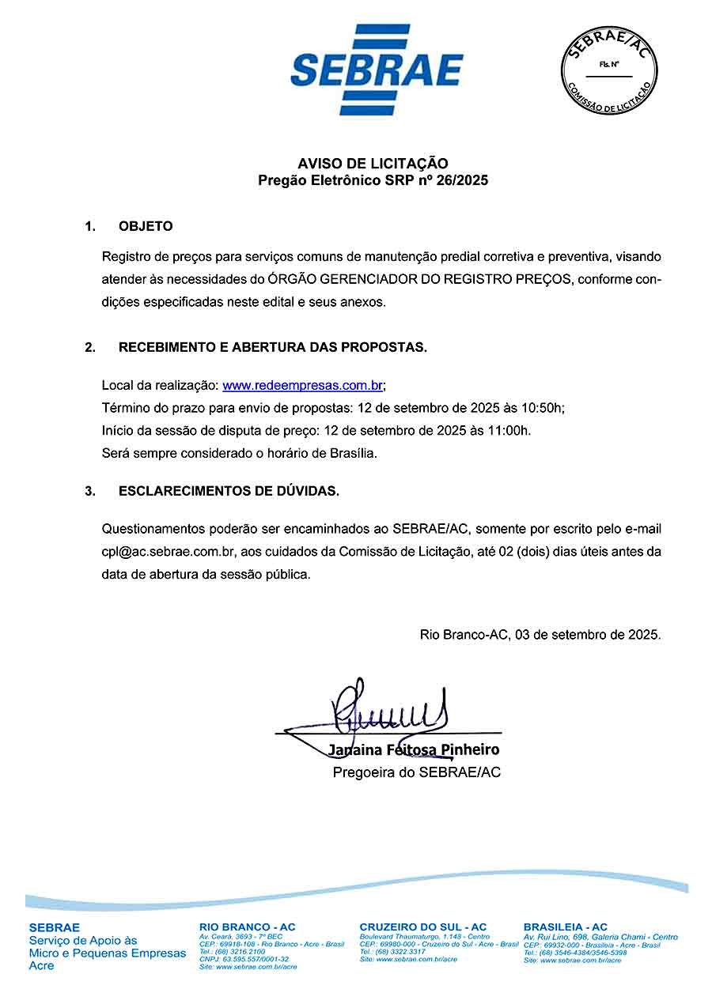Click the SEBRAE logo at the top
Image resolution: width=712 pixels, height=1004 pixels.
tap(377, 70)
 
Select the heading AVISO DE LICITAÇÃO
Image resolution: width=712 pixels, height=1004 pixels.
tap(373, 164)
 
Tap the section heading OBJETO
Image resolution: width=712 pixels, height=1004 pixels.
tap(146, 226)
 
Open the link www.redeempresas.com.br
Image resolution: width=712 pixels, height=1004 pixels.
tap(303, 386)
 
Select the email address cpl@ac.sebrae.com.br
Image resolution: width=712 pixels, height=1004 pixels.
tap(163, 551)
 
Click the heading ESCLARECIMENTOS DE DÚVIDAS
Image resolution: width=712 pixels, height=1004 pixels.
tap(229, 491)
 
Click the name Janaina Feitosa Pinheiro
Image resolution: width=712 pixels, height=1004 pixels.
tap(414, 749)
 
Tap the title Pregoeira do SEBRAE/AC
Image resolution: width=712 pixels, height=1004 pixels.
tap(416, 772)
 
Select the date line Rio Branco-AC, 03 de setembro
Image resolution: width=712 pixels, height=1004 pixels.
tap(540, 634)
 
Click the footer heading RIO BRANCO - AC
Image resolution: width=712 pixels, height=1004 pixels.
tap(247, 927)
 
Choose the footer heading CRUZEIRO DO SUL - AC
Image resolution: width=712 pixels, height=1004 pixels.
tap(422, 927)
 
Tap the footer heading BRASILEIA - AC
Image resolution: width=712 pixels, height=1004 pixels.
tap(565, 927)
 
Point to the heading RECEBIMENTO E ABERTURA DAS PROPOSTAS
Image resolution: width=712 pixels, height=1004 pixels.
tap(272, 348)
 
